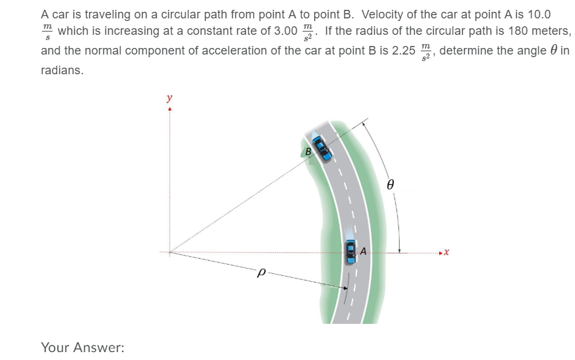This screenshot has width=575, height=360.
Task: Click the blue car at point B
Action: coord(322,146)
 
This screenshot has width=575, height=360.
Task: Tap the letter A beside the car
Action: coord(362,249)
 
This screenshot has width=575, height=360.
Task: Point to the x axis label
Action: coord(446,252)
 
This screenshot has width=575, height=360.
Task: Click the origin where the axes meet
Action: coord(170,252)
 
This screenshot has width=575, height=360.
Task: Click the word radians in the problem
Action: coord(62,70)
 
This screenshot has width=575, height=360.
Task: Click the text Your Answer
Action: coord(82,347)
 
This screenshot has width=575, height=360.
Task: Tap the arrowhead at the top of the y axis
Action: coord(170,109)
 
